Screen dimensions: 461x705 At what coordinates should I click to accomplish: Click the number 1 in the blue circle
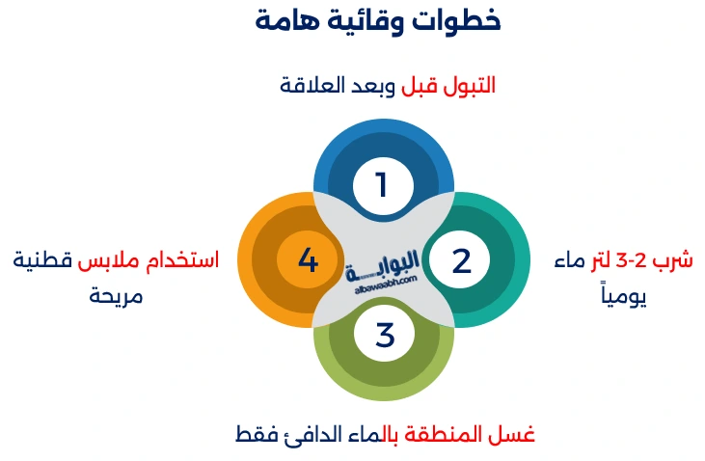click(x=382, y=184)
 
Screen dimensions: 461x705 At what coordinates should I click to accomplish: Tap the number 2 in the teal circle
click(x=461, y=260)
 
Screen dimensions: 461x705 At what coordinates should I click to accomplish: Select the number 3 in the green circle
click(x=385, y=336)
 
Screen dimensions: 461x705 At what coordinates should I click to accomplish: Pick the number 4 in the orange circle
click(x=308, y=260)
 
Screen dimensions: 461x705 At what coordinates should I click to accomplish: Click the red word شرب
click(x=675, y=260)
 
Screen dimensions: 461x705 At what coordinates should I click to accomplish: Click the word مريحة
click(x=116, y=294)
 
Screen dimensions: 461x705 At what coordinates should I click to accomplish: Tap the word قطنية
click(x=43, y=260)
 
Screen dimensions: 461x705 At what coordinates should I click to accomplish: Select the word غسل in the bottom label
click(x=518, y=434)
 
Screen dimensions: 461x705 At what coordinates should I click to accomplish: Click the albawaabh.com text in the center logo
click(x=384, y=281)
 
